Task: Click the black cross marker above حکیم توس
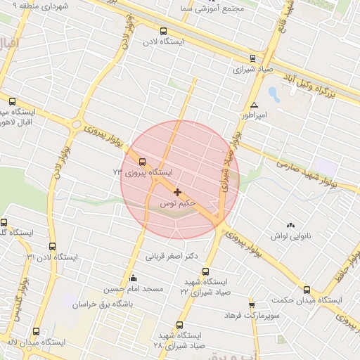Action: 177,192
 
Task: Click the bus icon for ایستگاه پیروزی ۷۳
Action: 143,162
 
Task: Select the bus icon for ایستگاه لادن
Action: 164,31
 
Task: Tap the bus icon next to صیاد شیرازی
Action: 252,58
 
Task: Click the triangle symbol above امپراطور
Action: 254,104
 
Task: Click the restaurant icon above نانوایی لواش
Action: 291,225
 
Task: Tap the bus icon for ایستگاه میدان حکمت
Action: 306,289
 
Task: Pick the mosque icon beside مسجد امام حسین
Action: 133,278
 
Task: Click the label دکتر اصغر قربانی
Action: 170,256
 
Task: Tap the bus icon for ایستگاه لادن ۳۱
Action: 53,246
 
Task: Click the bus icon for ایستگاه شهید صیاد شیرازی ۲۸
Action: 180,325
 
